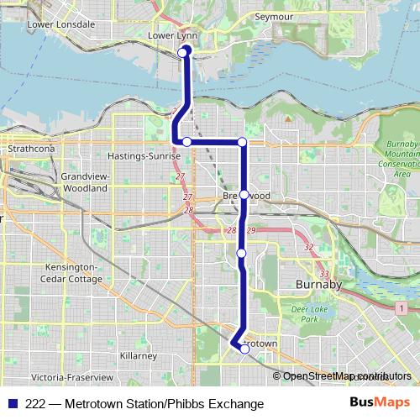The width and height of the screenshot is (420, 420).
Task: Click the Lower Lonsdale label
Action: click(x=61, y=24)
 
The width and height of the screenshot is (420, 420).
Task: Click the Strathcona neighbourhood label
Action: click(x=30, y=148)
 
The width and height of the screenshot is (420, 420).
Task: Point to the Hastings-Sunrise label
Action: click(x=144, y=156)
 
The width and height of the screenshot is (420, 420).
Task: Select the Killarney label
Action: click(x=138, y=356)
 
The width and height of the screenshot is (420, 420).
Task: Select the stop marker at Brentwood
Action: click(x=244, y=194)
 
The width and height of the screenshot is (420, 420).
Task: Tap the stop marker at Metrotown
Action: click(x=244, y=349)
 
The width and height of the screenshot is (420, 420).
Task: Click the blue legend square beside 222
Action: click(x=13, y=404)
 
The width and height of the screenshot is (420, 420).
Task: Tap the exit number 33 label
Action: click(x=325, y=274)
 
